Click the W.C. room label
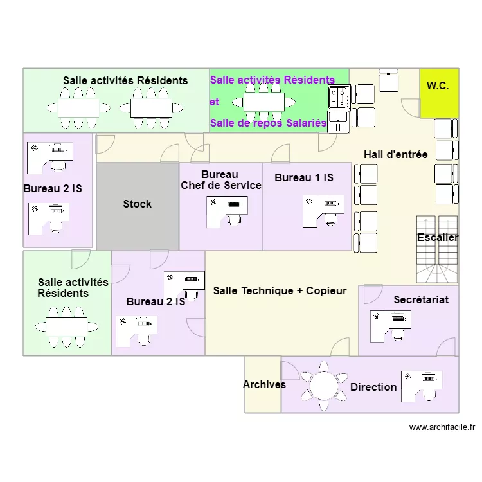coord(438,86)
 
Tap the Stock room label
coord(138,204)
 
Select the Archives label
coord(264,385)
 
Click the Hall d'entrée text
coord(395,155)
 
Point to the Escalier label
coord(438,238)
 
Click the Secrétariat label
coord(421,300)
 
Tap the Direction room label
coord(373,387)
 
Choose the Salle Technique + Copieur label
coord(280,291)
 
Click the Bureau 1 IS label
coord(304,178)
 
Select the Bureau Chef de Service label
coord(220,180)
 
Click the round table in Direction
coord(323,385)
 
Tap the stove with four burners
coord(339,97)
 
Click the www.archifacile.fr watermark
coord(442,427)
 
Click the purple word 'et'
coord(214,102)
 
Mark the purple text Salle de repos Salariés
coord(268,123)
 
